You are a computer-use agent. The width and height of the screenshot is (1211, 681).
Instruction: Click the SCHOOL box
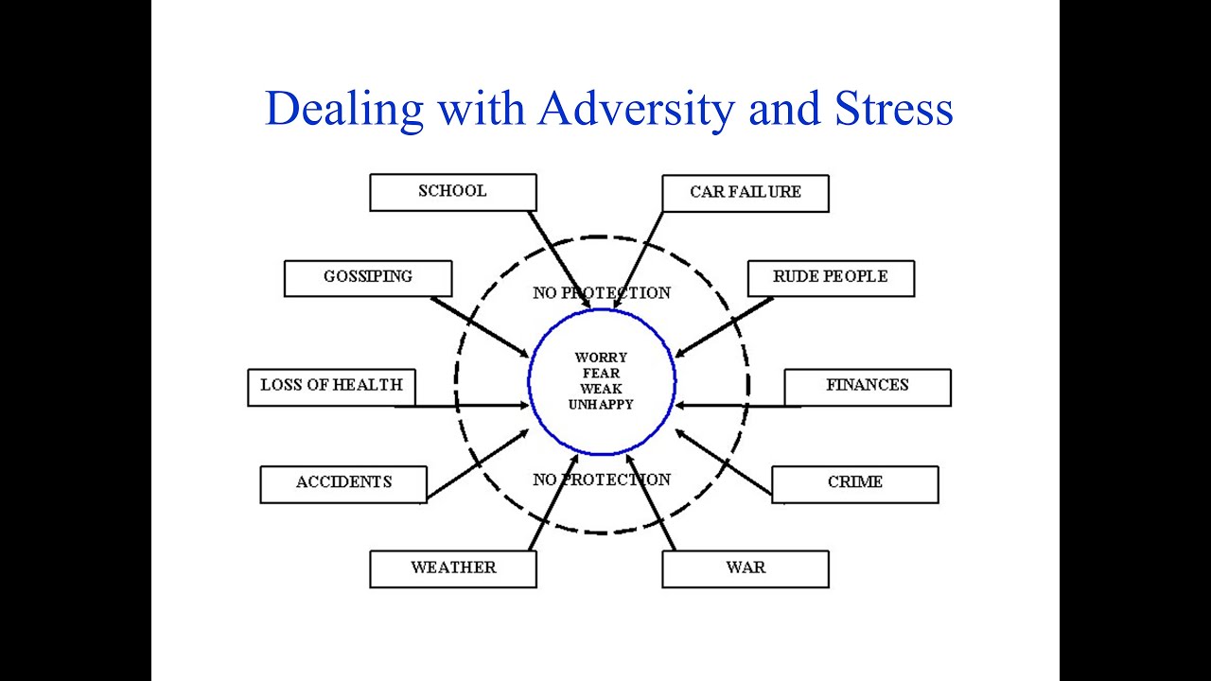click(452, 192)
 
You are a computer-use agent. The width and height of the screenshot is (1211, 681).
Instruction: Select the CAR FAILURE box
click(746, 193)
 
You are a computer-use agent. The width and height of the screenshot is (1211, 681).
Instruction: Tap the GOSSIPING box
click(368, 278)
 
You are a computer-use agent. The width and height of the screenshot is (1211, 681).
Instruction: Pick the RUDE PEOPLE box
click(830, 278)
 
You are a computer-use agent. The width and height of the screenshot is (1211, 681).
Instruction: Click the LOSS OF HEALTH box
click(331, 387)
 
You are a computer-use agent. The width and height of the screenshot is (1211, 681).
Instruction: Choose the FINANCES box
click(867, 387)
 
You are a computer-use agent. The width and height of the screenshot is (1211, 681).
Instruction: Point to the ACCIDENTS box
click(343, 483)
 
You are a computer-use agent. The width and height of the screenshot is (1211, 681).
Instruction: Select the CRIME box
click(854, 483)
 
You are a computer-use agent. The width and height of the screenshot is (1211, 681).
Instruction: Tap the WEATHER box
click(453, 568)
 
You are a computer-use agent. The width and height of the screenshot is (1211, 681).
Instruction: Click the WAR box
click(746, 568)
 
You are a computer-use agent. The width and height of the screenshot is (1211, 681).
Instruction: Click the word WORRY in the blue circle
click(601, 358)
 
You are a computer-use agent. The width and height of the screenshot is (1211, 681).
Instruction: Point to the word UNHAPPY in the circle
click(601, 405)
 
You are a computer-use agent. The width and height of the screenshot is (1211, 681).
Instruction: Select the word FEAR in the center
click(601, 374)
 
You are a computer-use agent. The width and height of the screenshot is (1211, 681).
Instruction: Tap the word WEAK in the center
click(601, 389)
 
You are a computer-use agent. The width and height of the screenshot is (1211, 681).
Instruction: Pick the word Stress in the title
click(893, 109)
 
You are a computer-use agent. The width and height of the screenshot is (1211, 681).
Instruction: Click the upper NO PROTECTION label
click(602, 293)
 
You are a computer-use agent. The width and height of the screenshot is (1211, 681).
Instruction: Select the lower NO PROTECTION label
click(602, 480)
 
